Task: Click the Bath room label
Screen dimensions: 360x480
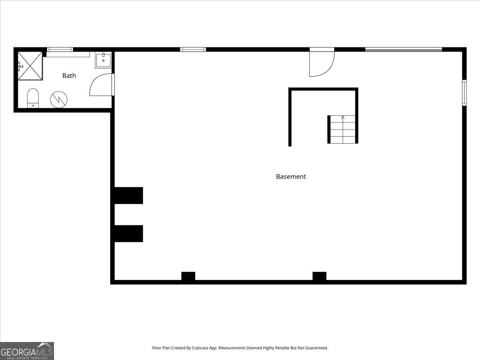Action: pos(69,76)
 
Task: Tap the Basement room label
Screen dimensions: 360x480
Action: pos(291,176)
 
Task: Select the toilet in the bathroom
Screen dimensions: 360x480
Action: pos(33,98)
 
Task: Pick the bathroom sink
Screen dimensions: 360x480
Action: pos(103,60)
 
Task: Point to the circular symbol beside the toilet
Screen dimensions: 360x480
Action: pos(58,100)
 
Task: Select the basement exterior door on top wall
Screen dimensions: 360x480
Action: pos(322,62)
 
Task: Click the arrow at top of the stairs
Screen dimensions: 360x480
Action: pos(343,117)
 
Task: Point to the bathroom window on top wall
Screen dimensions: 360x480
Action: pos(60,50)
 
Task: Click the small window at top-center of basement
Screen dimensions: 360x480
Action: pos(193,50)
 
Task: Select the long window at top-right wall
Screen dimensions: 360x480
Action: pos(403,50)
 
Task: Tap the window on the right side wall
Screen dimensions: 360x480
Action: pos(464,92)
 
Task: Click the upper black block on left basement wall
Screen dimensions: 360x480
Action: pos(128,196)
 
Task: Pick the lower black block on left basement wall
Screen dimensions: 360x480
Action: pos(128,234)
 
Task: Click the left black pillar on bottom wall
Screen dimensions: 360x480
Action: pos(188,276)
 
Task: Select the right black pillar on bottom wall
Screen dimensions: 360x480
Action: pos(319,276)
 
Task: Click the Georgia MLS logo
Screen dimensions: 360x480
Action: pos(27,351)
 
